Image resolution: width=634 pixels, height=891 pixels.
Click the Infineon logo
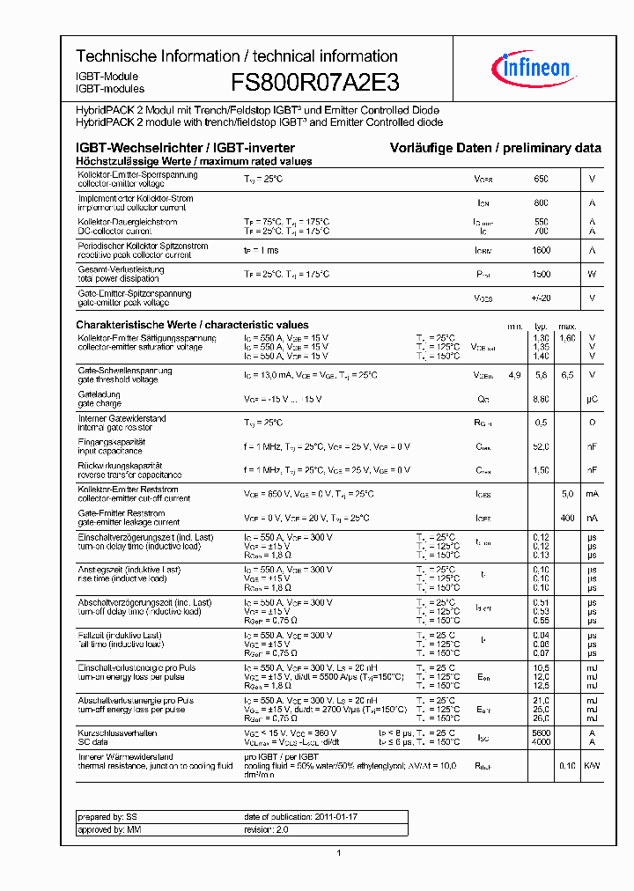click(x=535, y=67)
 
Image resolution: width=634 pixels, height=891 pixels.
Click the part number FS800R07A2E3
click(x=314, y=84)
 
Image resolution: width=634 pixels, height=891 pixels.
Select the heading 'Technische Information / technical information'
click(x=236, y=56)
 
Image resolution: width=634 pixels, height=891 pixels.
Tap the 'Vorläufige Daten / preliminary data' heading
click(x=496, y=148)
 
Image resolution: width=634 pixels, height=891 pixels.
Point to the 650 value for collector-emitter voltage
click(x=541, y=179)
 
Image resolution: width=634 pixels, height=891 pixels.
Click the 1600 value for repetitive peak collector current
click(x=541, y=250)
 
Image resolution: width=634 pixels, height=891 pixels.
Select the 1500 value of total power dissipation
click(x=541, y=274)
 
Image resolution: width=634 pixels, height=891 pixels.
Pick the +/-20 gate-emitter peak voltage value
click(x=541, y=298)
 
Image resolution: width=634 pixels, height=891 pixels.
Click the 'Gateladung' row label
click(x=93, y=394)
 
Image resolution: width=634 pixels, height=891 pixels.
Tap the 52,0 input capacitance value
click(x=541, y=447)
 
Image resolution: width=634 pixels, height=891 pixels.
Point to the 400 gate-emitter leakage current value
click(x=567, y=518)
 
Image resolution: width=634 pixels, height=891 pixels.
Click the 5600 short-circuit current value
click(x=541, y=733)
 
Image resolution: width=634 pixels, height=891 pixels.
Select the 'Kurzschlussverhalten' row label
click(x=117, y=733)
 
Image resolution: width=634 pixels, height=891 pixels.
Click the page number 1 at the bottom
click(x=339, y=852)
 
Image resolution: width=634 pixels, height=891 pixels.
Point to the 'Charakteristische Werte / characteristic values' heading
click(x=192, y=325)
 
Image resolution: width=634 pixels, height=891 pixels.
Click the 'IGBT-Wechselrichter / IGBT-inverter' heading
click(x=185, y=148)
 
